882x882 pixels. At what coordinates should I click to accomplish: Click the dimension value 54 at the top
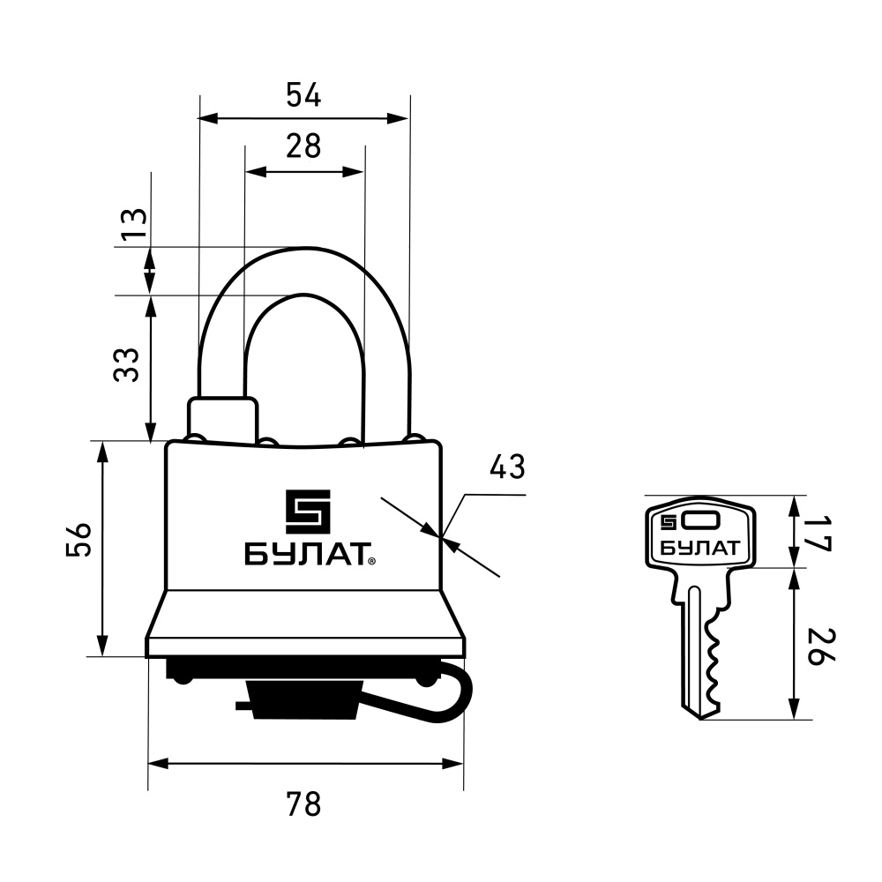303,94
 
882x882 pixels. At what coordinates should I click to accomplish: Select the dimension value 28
303,146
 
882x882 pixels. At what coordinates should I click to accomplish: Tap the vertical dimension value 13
134,223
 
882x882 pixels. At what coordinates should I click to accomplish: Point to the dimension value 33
126,365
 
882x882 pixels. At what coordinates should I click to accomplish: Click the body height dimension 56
78,540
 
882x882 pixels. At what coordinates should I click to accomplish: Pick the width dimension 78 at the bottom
303,804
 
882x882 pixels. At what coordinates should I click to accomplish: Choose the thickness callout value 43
507,467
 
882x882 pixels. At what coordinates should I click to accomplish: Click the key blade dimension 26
820,647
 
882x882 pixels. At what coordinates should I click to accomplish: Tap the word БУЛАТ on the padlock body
307,554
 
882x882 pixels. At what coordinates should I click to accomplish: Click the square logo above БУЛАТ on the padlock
308,512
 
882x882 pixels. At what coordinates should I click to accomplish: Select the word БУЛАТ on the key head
699,548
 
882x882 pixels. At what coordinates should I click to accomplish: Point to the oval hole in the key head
700,521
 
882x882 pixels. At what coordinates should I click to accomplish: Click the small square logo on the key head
669,522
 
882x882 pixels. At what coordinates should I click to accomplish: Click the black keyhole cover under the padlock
304,699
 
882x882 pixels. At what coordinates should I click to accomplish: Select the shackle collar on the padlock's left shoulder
223,418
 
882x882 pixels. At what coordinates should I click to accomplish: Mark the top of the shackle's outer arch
304,248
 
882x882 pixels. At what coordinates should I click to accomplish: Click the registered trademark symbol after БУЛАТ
372,561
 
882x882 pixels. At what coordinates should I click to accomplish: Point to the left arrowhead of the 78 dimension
158,763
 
